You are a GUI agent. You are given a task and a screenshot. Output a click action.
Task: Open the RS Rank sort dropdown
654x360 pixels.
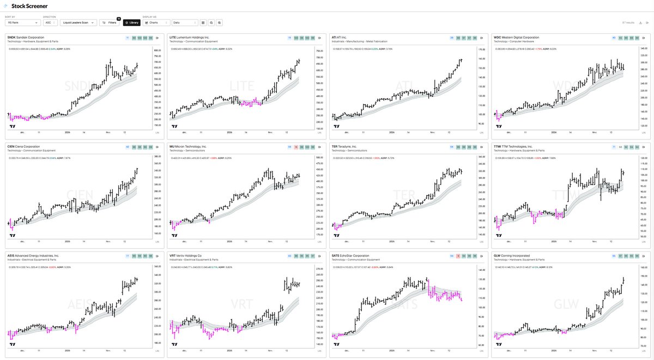click(22, 23)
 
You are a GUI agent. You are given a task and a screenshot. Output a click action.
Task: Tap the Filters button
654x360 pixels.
click(110, 23)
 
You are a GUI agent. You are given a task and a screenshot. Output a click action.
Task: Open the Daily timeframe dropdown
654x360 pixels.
click(185, 23)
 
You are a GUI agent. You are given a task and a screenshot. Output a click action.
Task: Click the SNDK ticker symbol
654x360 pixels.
click(11, 38)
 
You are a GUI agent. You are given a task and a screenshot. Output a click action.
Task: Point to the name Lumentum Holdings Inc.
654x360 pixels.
click(193, 38)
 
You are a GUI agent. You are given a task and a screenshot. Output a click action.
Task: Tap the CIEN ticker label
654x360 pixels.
click(11, 147)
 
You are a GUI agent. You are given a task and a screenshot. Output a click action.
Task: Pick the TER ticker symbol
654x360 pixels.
click(335, 147)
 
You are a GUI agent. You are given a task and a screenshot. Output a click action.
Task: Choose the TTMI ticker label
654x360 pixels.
click(498, 147)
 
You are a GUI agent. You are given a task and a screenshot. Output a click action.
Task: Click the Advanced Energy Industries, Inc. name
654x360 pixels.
click(38, 255)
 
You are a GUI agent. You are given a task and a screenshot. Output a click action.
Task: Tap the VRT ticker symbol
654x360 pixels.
click(172, 255)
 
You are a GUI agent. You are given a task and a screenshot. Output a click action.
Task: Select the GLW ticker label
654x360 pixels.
click(496, 255)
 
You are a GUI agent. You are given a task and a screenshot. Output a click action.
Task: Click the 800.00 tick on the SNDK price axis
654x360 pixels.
click(157, 50)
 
